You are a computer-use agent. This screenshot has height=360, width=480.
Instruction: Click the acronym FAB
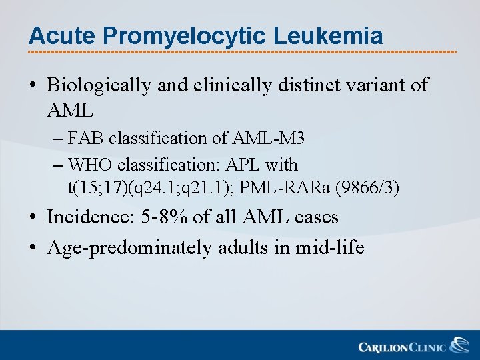point(87,138)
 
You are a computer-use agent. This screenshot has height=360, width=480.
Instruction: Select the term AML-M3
point(268,138)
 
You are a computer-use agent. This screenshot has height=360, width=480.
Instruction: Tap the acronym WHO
point(89,164)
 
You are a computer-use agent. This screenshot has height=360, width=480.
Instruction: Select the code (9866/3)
point(368,189)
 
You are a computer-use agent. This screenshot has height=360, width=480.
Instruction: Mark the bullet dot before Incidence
point(33,218)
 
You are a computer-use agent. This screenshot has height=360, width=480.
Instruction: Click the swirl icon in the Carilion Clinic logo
point(459,345)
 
